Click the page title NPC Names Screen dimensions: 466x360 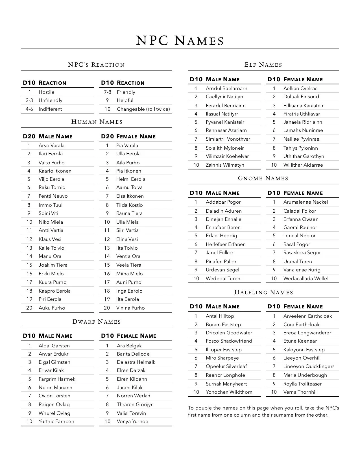pos(180,41)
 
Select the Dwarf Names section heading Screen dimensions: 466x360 pos(97,322)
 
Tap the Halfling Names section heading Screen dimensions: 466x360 pos(263,292)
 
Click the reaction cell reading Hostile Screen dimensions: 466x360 pos(47,92)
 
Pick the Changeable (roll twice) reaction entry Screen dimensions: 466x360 pos(143,109)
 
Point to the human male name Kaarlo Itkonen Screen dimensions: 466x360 pos(55,171)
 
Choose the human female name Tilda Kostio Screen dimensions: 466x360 pos(129,205)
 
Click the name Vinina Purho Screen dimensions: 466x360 pos(130,308)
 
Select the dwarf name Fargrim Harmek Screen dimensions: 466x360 pos(57,379)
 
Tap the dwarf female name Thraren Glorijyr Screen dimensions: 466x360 pos(135,404)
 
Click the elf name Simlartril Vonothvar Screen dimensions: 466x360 pos(228,139)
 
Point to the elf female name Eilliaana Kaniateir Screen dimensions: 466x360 pos(304,106)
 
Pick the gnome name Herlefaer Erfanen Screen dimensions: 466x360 pos(226,244)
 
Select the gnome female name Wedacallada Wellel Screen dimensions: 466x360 pos(306,278)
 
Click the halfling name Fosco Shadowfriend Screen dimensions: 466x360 pos(229,341)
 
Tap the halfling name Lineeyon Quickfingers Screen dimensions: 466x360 pos(309,366)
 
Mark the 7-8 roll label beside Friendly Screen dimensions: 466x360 pos(108,92)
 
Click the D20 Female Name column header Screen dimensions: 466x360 pos(128,137)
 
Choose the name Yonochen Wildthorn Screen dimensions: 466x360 pos(229,392)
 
